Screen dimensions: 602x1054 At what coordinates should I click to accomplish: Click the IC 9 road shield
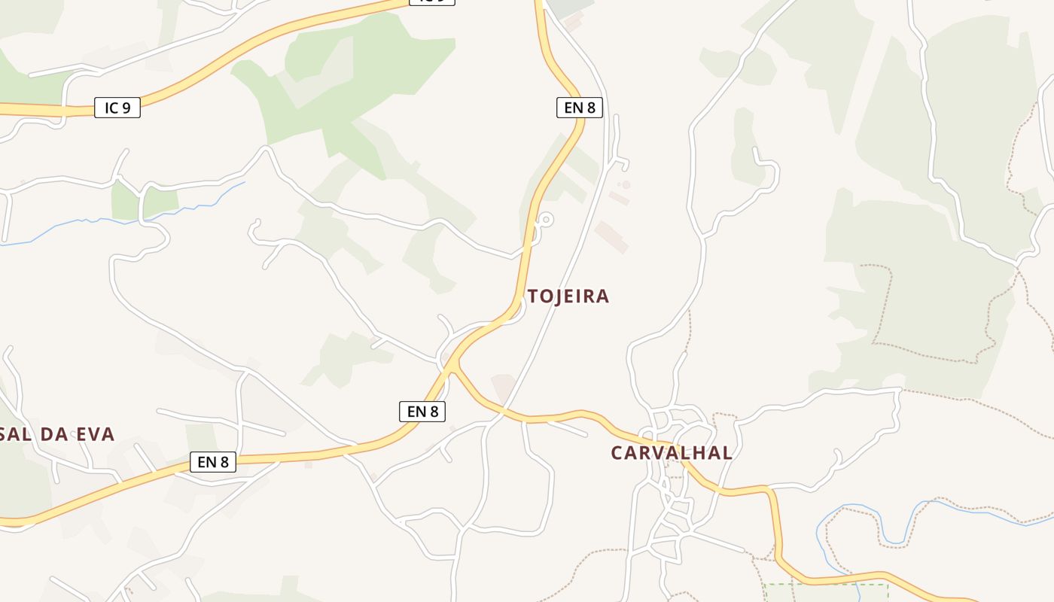(x=117, y=108)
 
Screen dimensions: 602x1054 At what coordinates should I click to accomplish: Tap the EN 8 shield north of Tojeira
(x=580, y=108)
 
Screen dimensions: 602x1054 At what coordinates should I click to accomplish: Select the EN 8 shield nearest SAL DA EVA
(x=213, y=462)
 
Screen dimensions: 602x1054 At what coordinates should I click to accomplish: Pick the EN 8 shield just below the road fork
(x=422, y=412)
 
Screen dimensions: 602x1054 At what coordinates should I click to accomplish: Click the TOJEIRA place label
(x=568, y=296)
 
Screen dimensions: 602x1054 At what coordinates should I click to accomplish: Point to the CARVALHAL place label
(x=672, y=453)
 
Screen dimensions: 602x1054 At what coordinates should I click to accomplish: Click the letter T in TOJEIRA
(x=533, y=296)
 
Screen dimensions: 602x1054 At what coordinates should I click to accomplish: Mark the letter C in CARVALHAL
(x=617, y=453)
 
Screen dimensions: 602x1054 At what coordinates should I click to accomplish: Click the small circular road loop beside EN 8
(x=546, y=220)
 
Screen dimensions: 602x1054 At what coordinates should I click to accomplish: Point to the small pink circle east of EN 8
(x=626, y=184)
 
